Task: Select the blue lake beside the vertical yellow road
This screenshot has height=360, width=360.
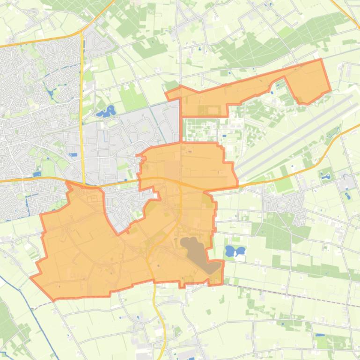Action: [x=106, y=112]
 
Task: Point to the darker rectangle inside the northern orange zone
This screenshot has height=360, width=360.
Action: [x=209, y=110]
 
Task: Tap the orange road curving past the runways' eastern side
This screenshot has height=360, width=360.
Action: [x=328, y=150]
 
